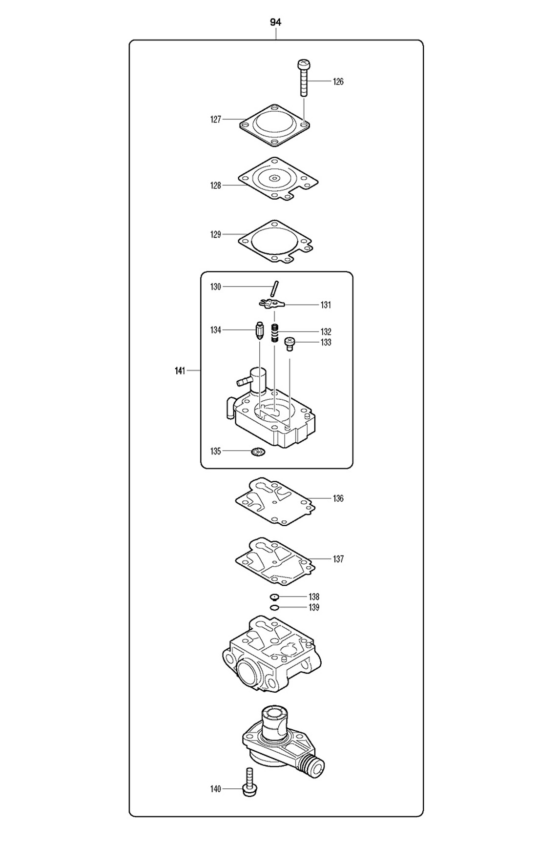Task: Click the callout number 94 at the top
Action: click(276, 22)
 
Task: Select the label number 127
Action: click(216, 120)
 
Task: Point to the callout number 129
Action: click(216, 235)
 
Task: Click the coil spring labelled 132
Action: click(275, 333)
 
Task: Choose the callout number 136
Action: click(338, 498)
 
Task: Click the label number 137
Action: click(338, 559)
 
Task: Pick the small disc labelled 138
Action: click(274, 597)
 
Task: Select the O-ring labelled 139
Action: click(274, 608)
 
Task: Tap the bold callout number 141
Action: click(180, 371)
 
